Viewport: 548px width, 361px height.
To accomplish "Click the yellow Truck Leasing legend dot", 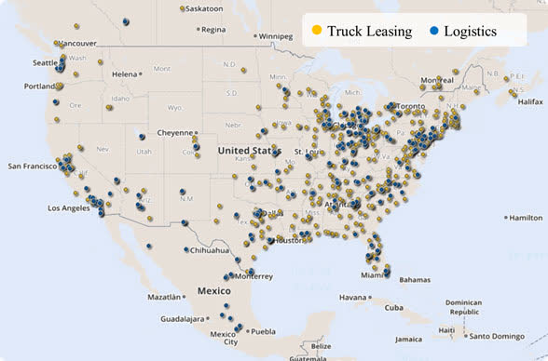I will tap(317, 32).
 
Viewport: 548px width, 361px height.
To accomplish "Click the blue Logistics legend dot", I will tap(434, 32).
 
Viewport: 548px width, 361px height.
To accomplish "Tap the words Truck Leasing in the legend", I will tap(369, 32).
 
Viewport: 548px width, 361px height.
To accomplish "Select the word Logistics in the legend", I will tap(471, 32).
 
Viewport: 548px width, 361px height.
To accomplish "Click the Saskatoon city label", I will tap(204, 8).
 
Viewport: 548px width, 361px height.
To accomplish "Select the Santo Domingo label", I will tap(503, 336).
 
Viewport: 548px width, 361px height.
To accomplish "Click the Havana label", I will tap(355, 298).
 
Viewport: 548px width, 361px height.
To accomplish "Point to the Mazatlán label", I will tap(164, 297).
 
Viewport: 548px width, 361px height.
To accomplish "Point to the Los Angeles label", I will tap(70, 207).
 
